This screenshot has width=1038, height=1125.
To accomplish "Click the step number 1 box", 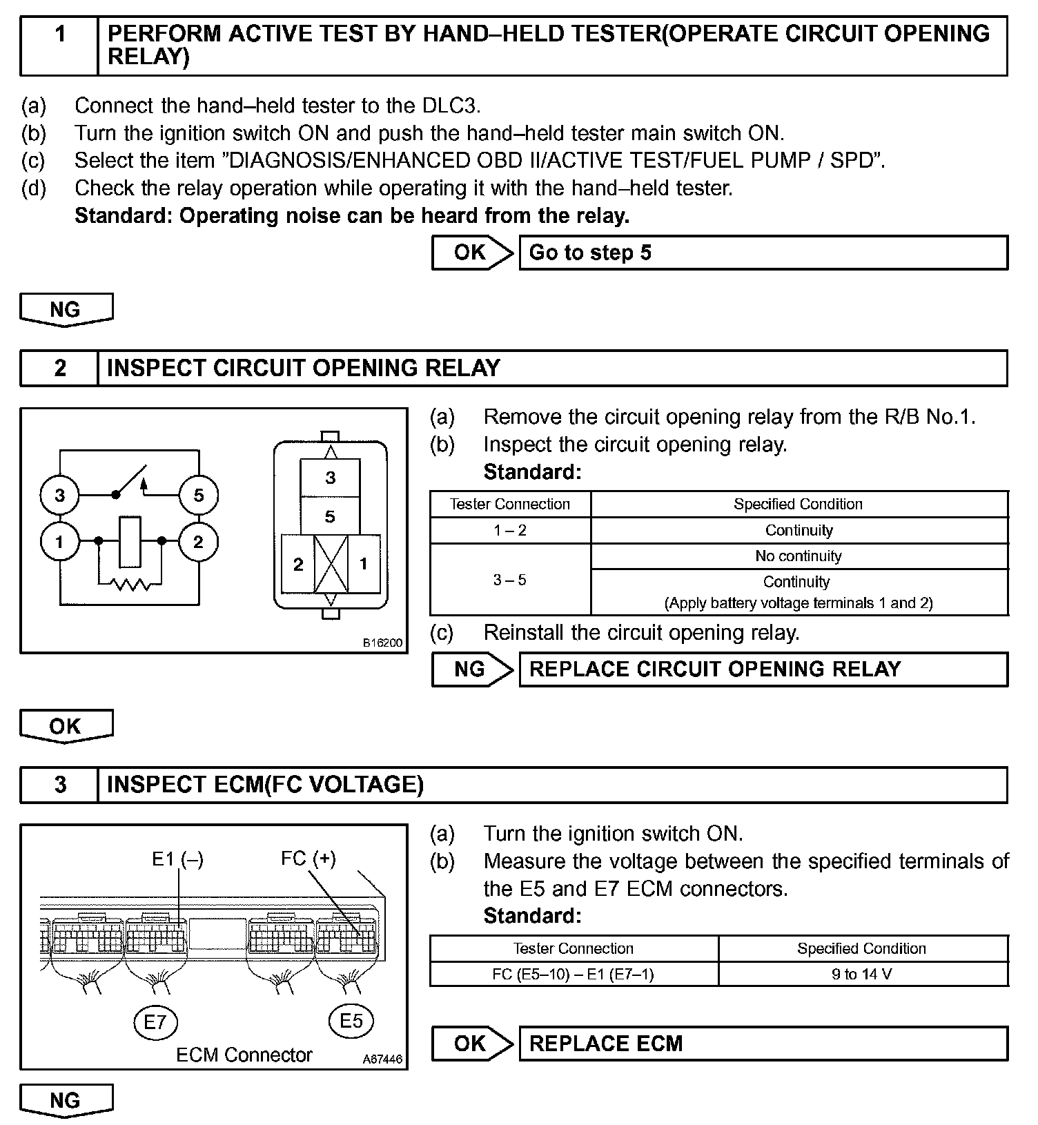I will tap(59, 46).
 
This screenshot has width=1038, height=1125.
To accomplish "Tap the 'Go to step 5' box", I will tap(763, 253).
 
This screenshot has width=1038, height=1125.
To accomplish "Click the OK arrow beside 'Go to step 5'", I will tap(472, 253).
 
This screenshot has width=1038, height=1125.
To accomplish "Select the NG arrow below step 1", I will tap(66, 309).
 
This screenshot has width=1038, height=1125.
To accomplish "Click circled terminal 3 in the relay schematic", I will tap(60, 495).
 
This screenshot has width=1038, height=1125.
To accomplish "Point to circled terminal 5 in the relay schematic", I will tap(199, 495).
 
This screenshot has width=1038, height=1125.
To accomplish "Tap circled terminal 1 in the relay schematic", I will tap(60, 542).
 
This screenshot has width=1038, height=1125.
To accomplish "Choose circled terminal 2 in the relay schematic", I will tap(199, 542).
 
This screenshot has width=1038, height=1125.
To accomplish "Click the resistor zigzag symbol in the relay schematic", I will tap(130, 585).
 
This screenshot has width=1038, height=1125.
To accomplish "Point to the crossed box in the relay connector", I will tap(331, 564).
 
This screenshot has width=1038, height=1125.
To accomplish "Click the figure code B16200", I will tap(382, 643).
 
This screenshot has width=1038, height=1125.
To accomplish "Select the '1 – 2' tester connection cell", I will tap(510, 530).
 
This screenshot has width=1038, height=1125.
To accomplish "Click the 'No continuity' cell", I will tap(799, 556).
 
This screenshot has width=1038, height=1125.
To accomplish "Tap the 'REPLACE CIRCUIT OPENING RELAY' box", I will tap(763, 669).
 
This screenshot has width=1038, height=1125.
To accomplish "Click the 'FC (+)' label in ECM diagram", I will tap(308, 859).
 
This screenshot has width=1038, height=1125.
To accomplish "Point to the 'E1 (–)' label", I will tap(177, 859).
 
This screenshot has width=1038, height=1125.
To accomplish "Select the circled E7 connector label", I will tap(155, 1021).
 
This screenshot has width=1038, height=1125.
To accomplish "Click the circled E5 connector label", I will tap(351, 1020).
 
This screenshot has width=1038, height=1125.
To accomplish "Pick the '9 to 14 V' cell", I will tap(862, 974).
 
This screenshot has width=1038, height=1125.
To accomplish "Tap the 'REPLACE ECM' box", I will tap(763, 1043).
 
